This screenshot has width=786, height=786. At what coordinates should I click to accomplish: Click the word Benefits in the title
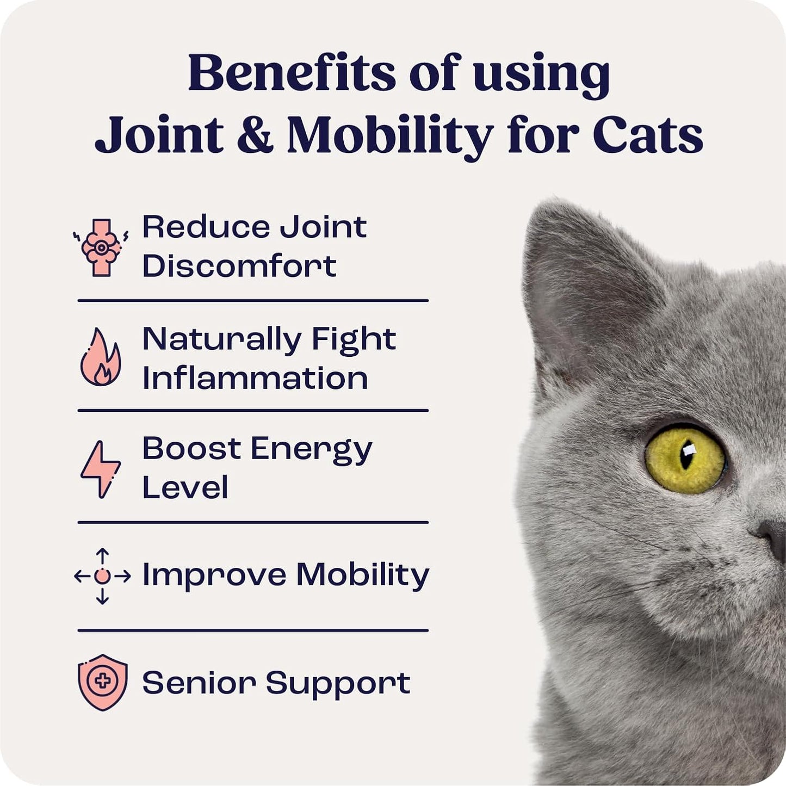click(x=292, y=73)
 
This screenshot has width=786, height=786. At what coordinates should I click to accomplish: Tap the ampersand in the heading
click(x=255, y=134)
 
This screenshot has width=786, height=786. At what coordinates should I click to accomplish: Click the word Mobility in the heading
click(x=389, y=136)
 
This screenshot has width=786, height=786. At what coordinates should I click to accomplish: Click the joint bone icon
click(x=101, y=247)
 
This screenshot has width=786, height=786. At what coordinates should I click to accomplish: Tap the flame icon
click(x=101, y=358)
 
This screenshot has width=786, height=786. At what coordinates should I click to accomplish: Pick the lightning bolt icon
click(x=101, y=469)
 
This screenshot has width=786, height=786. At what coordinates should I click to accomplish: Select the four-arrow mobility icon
click(x=102, y=576)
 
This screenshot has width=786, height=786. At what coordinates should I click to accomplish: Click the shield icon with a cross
click(x=103, y=682)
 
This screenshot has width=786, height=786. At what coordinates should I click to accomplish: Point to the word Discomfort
click(x=239, y=266)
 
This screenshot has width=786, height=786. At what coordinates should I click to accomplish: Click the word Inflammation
click(x=255, y=378)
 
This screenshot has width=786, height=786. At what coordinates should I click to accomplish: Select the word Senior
click(x=199, y=683)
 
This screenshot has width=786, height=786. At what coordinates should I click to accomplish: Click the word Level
click(x=185, y=487)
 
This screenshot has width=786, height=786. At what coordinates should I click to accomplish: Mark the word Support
click(x=338, y=684)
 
